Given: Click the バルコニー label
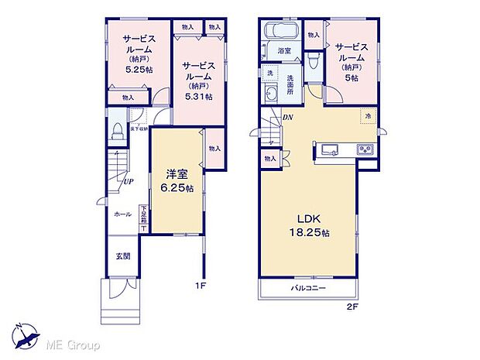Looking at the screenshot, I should click(x=308, y=288).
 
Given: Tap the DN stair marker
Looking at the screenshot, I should click(x=287, y=117).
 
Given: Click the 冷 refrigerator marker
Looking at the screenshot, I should click(x=369, y=116).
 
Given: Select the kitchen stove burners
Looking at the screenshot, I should click(x=365, y=149).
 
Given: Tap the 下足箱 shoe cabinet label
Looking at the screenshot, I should click(x=143, y=216).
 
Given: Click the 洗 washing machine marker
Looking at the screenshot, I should click(x=271, y=74).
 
